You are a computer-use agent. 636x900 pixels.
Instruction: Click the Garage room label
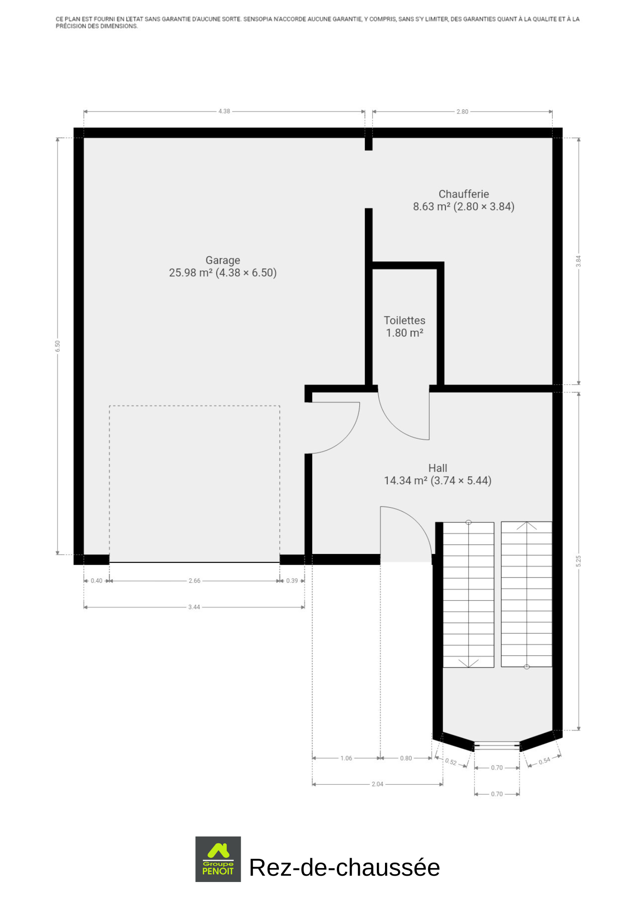click(223, 260)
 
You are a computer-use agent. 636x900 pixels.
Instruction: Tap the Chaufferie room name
click(464, 194)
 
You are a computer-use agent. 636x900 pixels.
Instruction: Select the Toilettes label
click(404, 320)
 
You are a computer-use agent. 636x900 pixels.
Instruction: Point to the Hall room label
click(438, 468)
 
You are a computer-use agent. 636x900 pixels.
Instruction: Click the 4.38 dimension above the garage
click(224, 111)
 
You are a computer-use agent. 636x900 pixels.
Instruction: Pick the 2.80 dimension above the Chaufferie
click(462, 112)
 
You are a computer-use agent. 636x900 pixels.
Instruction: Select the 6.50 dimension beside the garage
click(58, 346)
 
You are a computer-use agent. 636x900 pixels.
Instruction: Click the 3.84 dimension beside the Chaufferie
click(578, 261)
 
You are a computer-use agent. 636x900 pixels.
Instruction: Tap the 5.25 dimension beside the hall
click(578, 561)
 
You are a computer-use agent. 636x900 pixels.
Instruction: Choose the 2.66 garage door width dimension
click(194, 580)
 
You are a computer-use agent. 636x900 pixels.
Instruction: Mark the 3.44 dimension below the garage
click(194, 607)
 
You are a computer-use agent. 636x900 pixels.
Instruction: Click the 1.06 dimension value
click(346, 758)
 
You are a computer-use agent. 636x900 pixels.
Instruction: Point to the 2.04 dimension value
click(377, 784)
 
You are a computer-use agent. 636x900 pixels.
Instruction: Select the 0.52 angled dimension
click(451, 762)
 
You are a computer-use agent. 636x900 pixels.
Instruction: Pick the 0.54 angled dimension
click(544, 760)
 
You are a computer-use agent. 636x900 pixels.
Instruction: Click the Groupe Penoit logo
click(218, 859)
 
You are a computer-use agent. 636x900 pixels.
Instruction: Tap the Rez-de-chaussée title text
click(345, 868)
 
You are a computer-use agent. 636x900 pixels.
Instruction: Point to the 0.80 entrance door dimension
click(406, 758)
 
